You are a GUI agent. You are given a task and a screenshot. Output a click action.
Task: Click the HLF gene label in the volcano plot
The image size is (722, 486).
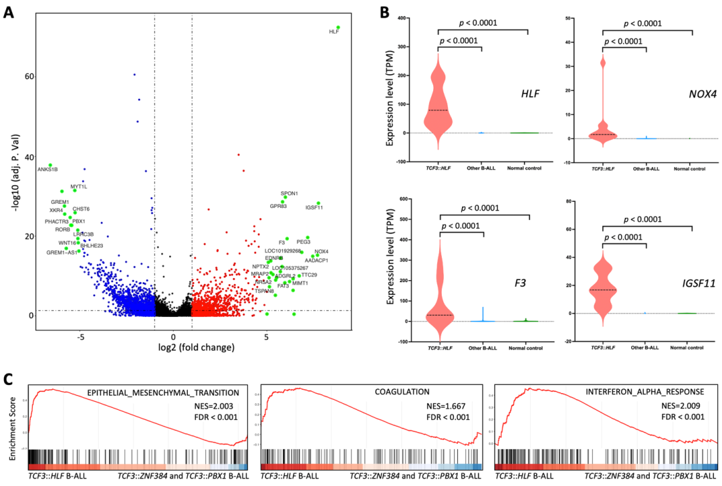coord(334,32)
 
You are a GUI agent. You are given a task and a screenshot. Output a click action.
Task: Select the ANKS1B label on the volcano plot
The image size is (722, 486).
coord(47,169)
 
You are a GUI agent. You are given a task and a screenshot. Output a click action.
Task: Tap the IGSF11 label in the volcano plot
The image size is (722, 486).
coord(314,207)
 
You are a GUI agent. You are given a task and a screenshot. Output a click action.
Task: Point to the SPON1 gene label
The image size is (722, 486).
coord(289,193)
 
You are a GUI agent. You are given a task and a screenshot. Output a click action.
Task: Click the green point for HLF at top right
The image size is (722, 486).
coord(338,27)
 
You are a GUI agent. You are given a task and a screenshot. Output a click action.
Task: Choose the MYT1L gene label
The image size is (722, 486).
coord(79,187)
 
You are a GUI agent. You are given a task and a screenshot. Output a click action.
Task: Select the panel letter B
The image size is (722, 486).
coord(384,11)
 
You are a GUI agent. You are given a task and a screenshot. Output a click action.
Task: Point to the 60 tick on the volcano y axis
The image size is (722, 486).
coord(29,77)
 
